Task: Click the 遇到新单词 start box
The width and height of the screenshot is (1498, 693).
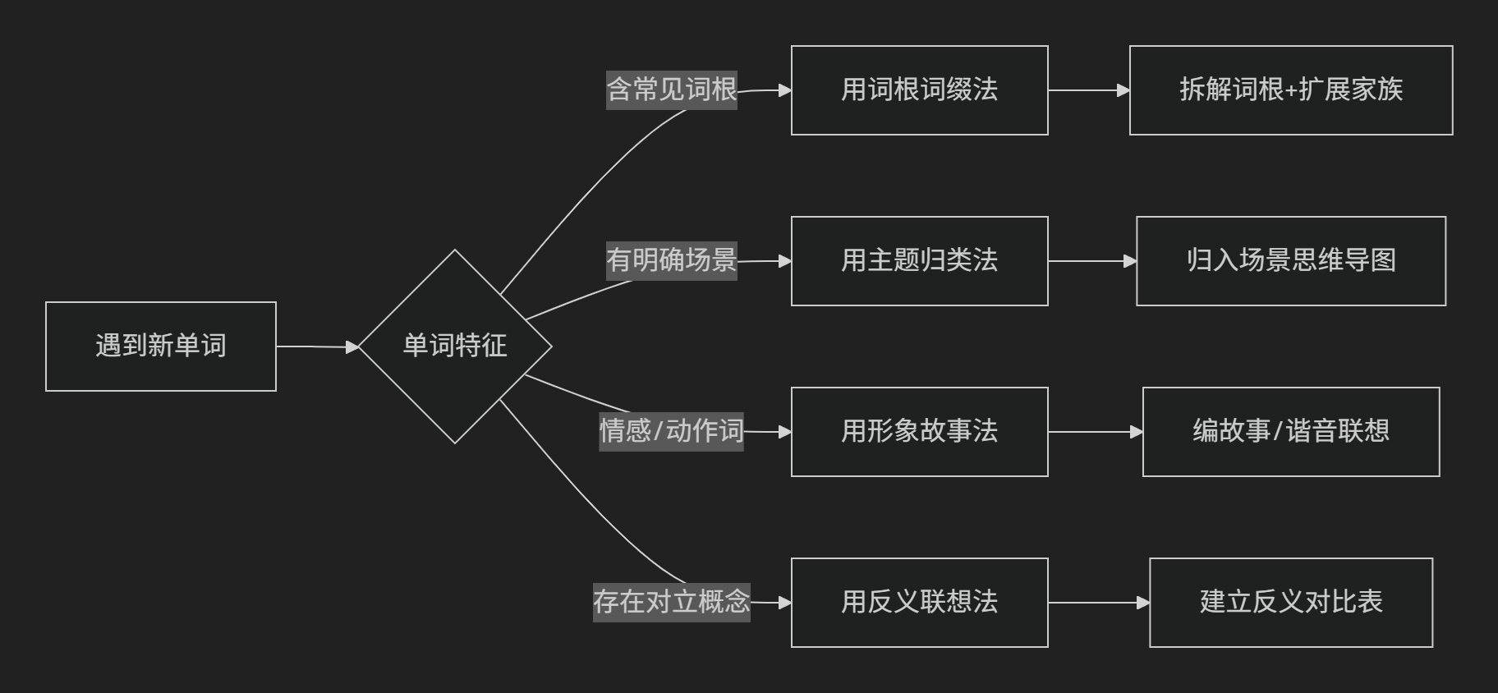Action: pos(161,346)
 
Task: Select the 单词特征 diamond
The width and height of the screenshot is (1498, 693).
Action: pos(455,346)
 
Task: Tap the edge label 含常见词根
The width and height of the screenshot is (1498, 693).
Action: pos(672,89)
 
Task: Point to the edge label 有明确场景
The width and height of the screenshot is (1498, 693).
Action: pos(672,260)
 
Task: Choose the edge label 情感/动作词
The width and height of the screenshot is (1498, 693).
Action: pos(671,431)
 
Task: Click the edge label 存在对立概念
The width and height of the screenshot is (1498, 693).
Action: pos(672,602)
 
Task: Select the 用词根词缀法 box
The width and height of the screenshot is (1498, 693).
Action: pos(919,90)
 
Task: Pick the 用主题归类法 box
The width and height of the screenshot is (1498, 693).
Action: pos(919,261)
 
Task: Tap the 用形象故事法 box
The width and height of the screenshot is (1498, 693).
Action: pos(919,432)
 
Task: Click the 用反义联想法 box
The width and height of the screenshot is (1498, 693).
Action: pos(919,603)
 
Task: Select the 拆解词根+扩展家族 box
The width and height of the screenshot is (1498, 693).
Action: pos(1291,90)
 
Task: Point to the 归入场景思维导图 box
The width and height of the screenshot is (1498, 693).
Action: pos(1291,261)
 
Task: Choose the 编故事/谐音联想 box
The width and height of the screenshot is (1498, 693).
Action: pos(1291,432)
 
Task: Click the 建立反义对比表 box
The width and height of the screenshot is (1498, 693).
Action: pos(1291,603)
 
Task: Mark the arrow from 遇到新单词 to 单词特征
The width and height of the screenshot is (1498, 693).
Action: pos(317,347)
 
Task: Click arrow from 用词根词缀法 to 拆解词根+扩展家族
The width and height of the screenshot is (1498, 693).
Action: pos(1088,90)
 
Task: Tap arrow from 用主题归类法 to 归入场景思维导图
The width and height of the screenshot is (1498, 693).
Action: pos(1091,261)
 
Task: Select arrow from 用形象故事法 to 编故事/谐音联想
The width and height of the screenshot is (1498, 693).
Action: pos(1095,432)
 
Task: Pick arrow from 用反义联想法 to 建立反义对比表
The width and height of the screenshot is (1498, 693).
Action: pos(1098,603)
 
